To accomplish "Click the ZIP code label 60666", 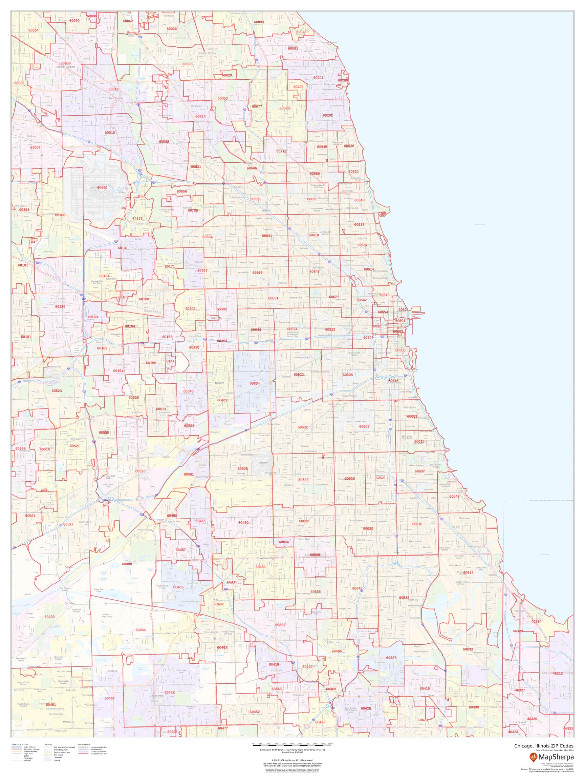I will [x=102, y=187].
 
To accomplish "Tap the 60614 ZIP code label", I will [x=369, y=269].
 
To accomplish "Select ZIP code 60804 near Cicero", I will [x=255, y=383].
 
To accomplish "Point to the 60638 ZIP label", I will [x=243, y=468].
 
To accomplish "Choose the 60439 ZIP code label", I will [x=49, y=617].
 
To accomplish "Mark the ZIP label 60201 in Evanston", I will [x=318, y=78].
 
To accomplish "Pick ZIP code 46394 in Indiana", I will [x=536, y=621].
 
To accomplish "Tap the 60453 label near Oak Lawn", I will [x=261, y=567].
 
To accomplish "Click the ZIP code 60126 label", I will [x=60, y=306].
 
